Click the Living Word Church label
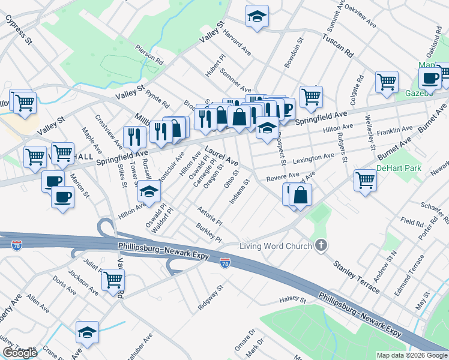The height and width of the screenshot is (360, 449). tap(276, 246)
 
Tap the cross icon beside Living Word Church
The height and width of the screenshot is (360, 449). tap(321, 245)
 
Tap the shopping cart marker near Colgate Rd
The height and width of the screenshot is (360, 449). tap(387, 81)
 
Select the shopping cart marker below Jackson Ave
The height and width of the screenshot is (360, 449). tap(113, 279)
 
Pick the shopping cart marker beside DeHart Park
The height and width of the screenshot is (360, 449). tap(365, 180)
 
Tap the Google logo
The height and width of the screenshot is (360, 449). tap(19, 353)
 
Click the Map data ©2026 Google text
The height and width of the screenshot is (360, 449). tap(411, 355)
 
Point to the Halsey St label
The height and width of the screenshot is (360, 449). tap(292, 299)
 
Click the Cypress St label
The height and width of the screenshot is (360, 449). tap(18, 29)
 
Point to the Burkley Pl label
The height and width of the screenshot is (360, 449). tap(209, 234)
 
